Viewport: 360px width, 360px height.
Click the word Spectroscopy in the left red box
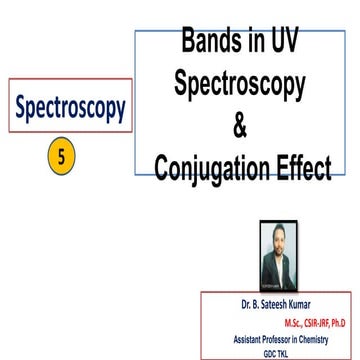click(x=70, y=106)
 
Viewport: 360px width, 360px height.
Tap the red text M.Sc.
click(x=269, y=321)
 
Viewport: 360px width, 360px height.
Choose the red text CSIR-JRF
click(x=299, y=321)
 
